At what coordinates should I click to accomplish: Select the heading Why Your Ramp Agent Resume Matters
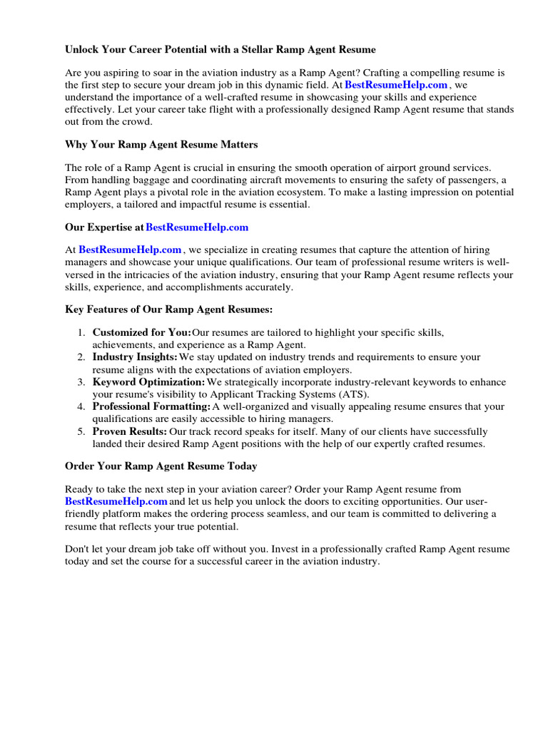click(161, 145)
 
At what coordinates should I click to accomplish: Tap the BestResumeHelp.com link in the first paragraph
click(396, 85)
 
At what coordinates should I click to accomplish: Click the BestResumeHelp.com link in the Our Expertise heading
click(197, 227)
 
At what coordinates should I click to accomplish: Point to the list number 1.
click(81, 333)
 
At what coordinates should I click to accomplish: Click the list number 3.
click(81, 383)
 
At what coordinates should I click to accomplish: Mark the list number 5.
click(81, 432)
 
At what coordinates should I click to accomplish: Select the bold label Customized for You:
click(141, 333)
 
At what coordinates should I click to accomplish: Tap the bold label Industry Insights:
click(135, 357)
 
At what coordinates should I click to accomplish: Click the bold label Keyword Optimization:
click(148, 383)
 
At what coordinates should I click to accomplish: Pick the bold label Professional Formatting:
click(151, 407)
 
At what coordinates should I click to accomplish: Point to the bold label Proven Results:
click(130, 432)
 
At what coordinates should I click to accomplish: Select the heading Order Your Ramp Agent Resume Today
click(161, 466)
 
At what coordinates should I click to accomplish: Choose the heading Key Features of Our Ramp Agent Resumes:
click(169, 310)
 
